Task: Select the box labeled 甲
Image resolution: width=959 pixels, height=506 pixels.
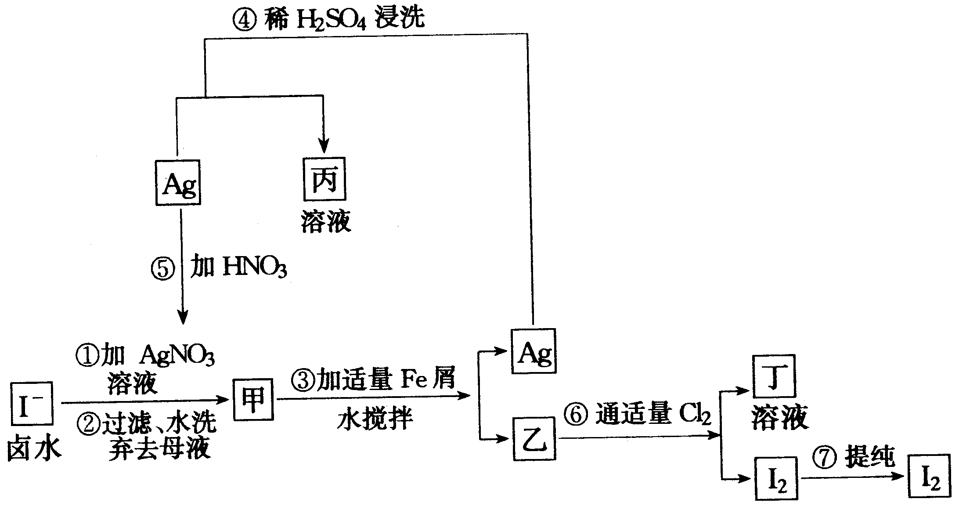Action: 253,399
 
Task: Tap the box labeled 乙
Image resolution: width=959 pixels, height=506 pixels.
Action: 534,438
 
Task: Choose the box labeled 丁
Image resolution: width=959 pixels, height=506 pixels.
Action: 774,376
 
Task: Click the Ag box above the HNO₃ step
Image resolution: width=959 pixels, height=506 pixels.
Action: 178,183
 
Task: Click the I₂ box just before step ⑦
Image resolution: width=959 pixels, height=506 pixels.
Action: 776,478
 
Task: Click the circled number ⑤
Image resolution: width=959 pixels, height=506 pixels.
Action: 163,268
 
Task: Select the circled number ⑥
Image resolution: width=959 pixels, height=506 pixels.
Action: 577,415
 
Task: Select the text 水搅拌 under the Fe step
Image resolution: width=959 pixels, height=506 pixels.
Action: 375,419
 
